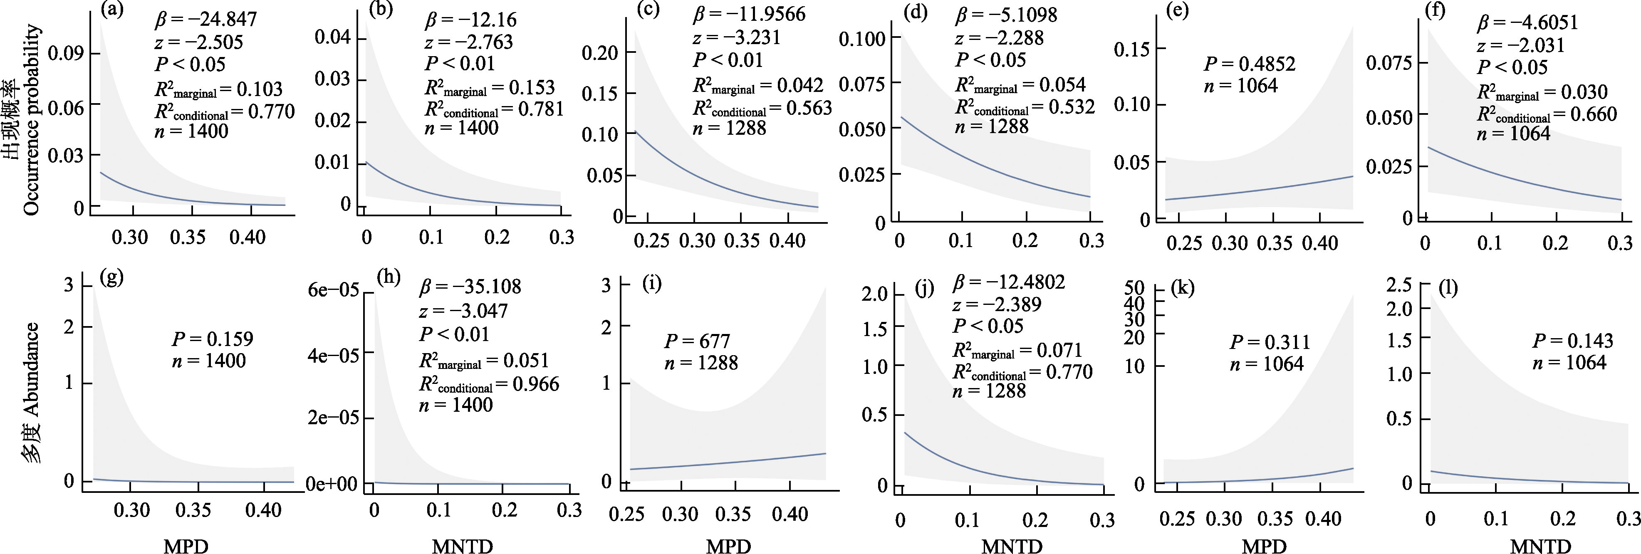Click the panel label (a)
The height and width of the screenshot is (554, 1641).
click(x=112, y=10)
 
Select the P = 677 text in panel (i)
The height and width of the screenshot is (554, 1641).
click(x=697, y=341)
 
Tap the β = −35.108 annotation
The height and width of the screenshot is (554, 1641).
click(x=470, y=287)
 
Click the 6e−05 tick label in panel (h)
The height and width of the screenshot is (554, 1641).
click(x=333, y=290)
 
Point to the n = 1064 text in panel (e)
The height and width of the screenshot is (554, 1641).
click(x=1240, y=85)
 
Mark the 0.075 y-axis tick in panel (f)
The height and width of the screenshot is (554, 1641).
click(x=1389, y=63)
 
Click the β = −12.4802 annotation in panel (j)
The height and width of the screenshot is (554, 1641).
click(x=1008, y=282)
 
